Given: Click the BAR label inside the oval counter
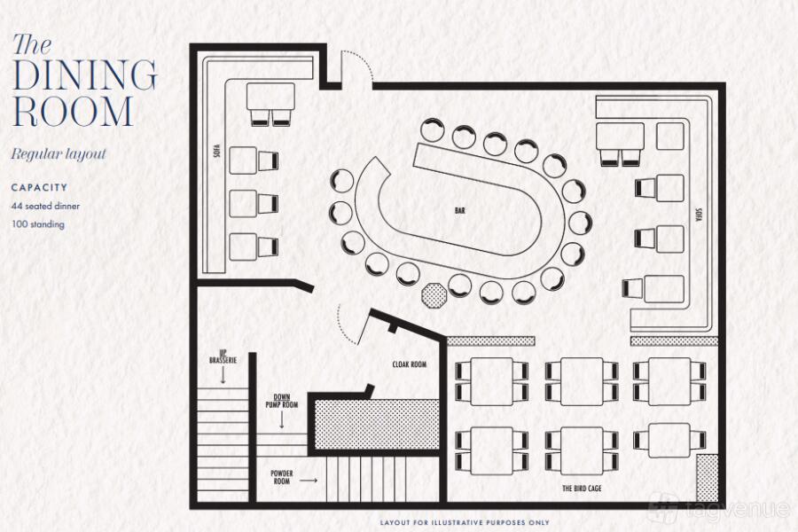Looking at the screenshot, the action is coord(460,210).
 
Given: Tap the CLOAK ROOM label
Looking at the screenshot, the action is coord(409,364).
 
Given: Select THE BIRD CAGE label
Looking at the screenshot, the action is coord(582,489).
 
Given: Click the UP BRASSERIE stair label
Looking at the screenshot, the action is coord(223,356).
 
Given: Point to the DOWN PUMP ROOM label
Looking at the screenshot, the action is coord(281,401).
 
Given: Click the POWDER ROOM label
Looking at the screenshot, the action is coord(281,477).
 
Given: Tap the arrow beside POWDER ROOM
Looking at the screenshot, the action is coord(309,480).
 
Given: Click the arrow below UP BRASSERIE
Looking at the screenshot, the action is coord(223,375).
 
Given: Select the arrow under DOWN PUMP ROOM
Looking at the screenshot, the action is coord(281,419).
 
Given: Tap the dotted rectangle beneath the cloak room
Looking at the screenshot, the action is coord(377,425).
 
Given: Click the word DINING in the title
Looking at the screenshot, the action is coord(84,74).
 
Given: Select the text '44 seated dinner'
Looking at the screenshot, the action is coord(45,207).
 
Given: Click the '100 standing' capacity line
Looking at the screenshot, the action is coord(38,224).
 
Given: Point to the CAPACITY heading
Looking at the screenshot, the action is coord(39,187).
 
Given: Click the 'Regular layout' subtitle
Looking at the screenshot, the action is coord(59,153).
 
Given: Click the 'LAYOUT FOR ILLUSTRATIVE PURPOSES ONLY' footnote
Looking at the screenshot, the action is coord(465,522).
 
